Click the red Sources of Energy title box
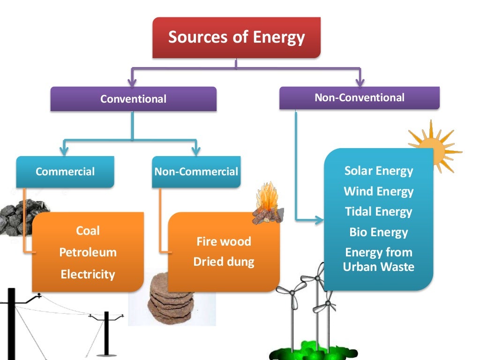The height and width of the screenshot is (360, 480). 236,37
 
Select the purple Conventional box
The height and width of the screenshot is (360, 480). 133,99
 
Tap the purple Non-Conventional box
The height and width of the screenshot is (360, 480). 359,97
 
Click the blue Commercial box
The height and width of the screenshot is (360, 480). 65,172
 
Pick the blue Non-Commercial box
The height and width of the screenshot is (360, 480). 196,172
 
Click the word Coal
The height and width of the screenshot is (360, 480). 88,231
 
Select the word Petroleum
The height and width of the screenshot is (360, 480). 88,252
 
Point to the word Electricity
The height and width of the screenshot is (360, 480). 88,274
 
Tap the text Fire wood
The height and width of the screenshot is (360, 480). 224,242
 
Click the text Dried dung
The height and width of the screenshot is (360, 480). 224,262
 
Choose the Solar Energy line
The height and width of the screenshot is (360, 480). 378,171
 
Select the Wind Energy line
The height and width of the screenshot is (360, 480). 378,191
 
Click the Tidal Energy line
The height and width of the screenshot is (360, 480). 378,211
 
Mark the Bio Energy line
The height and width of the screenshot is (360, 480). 378,232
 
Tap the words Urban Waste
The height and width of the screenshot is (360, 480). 378,267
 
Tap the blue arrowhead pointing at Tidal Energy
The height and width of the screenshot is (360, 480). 320,219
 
